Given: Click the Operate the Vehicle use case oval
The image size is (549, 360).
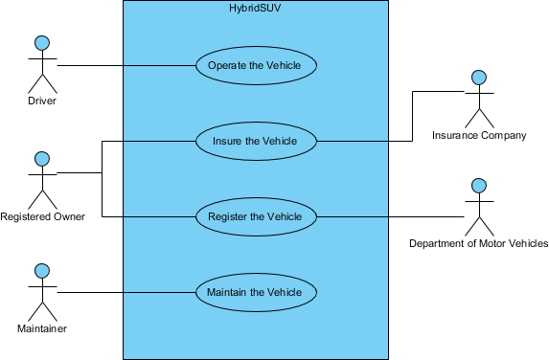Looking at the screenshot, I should (x=256, y=66).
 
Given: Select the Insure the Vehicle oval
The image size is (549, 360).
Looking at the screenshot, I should (x=256, y=142).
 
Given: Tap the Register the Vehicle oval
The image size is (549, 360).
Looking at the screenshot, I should (x=256, y=216).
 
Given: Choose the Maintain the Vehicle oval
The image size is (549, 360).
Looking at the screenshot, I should (x=256, y=292).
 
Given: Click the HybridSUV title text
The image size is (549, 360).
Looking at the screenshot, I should (x=256, y=9).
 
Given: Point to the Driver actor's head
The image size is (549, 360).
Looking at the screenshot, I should (x=41, y=42).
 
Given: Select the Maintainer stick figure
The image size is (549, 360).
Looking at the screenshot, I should (x=41, y=292).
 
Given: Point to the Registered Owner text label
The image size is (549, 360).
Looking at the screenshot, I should (x=42, y=216).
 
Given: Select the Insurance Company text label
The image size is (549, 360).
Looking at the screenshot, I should (x=479, y=136).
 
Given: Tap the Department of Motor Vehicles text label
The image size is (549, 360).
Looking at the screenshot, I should (x=478, y=244).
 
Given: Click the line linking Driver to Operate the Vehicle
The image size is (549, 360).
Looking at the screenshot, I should (x=125, y=66).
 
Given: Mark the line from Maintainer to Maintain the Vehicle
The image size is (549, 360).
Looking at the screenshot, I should (x=125, y=292).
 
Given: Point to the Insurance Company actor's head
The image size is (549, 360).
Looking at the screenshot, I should (x=478, y=77).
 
